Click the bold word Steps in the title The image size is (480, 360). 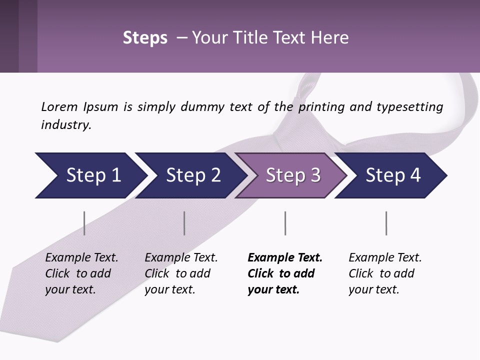[x=145, y=38]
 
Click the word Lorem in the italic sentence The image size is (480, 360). [x=59, y=106]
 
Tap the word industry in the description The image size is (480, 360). [x=65, y=125]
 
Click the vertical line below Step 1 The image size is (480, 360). [x=84, y=223]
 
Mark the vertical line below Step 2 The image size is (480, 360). [x=184, y=223]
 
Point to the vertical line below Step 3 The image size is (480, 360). [x=285, y=223]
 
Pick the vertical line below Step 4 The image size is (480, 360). [x=386, y=223]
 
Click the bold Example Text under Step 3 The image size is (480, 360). [x=285, y=258]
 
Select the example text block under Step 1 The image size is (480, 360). [x=81, y=273]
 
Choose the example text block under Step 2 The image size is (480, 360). [x=180, y=273]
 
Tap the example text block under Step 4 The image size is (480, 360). [x=384, y=273]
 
